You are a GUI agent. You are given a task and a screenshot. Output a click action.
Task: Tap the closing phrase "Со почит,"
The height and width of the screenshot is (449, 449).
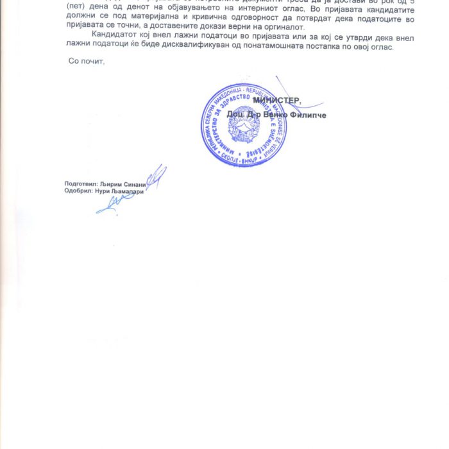(86, 61)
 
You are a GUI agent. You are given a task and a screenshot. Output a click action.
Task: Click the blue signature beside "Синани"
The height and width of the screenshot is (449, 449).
(155, 176)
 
